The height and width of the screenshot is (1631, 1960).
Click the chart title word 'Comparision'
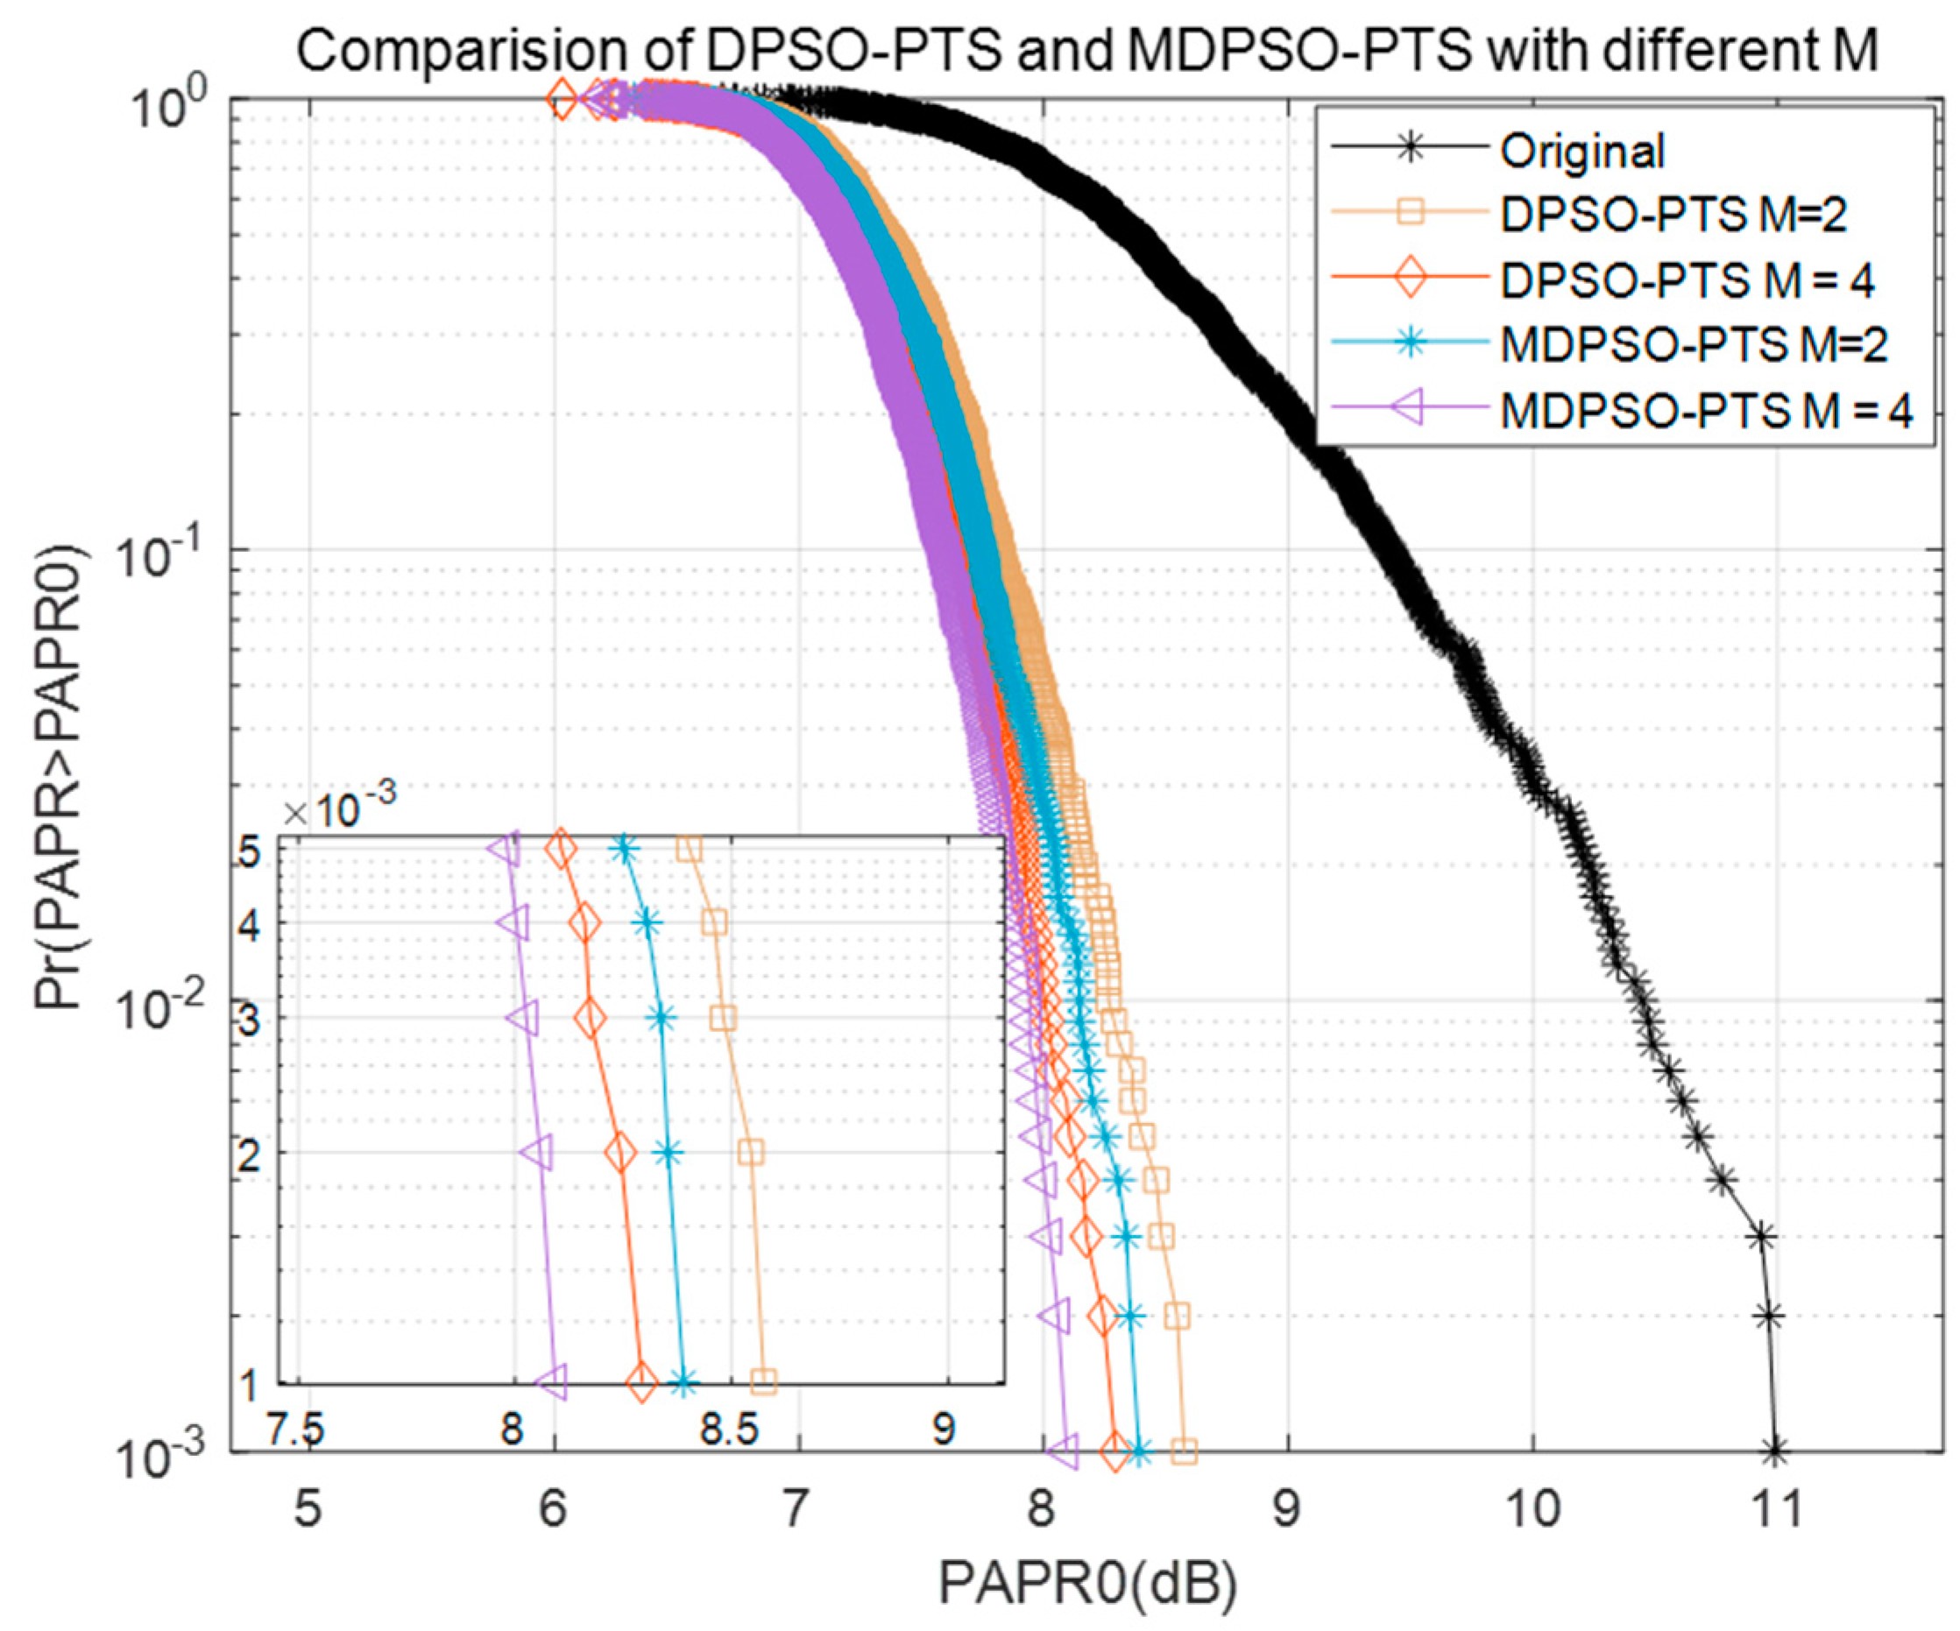[491, 52]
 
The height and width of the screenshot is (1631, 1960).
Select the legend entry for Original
[1581, 152]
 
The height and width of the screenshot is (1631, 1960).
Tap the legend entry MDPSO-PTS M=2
[1693, 344]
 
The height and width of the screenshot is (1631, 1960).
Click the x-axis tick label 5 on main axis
[308, 1508]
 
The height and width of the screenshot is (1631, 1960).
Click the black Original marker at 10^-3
[1774, 1451]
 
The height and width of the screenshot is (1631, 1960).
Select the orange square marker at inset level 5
[689, 849]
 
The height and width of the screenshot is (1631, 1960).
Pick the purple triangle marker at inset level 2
[535, 1154]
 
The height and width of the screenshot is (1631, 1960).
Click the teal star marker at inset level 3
[661, 1018]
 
